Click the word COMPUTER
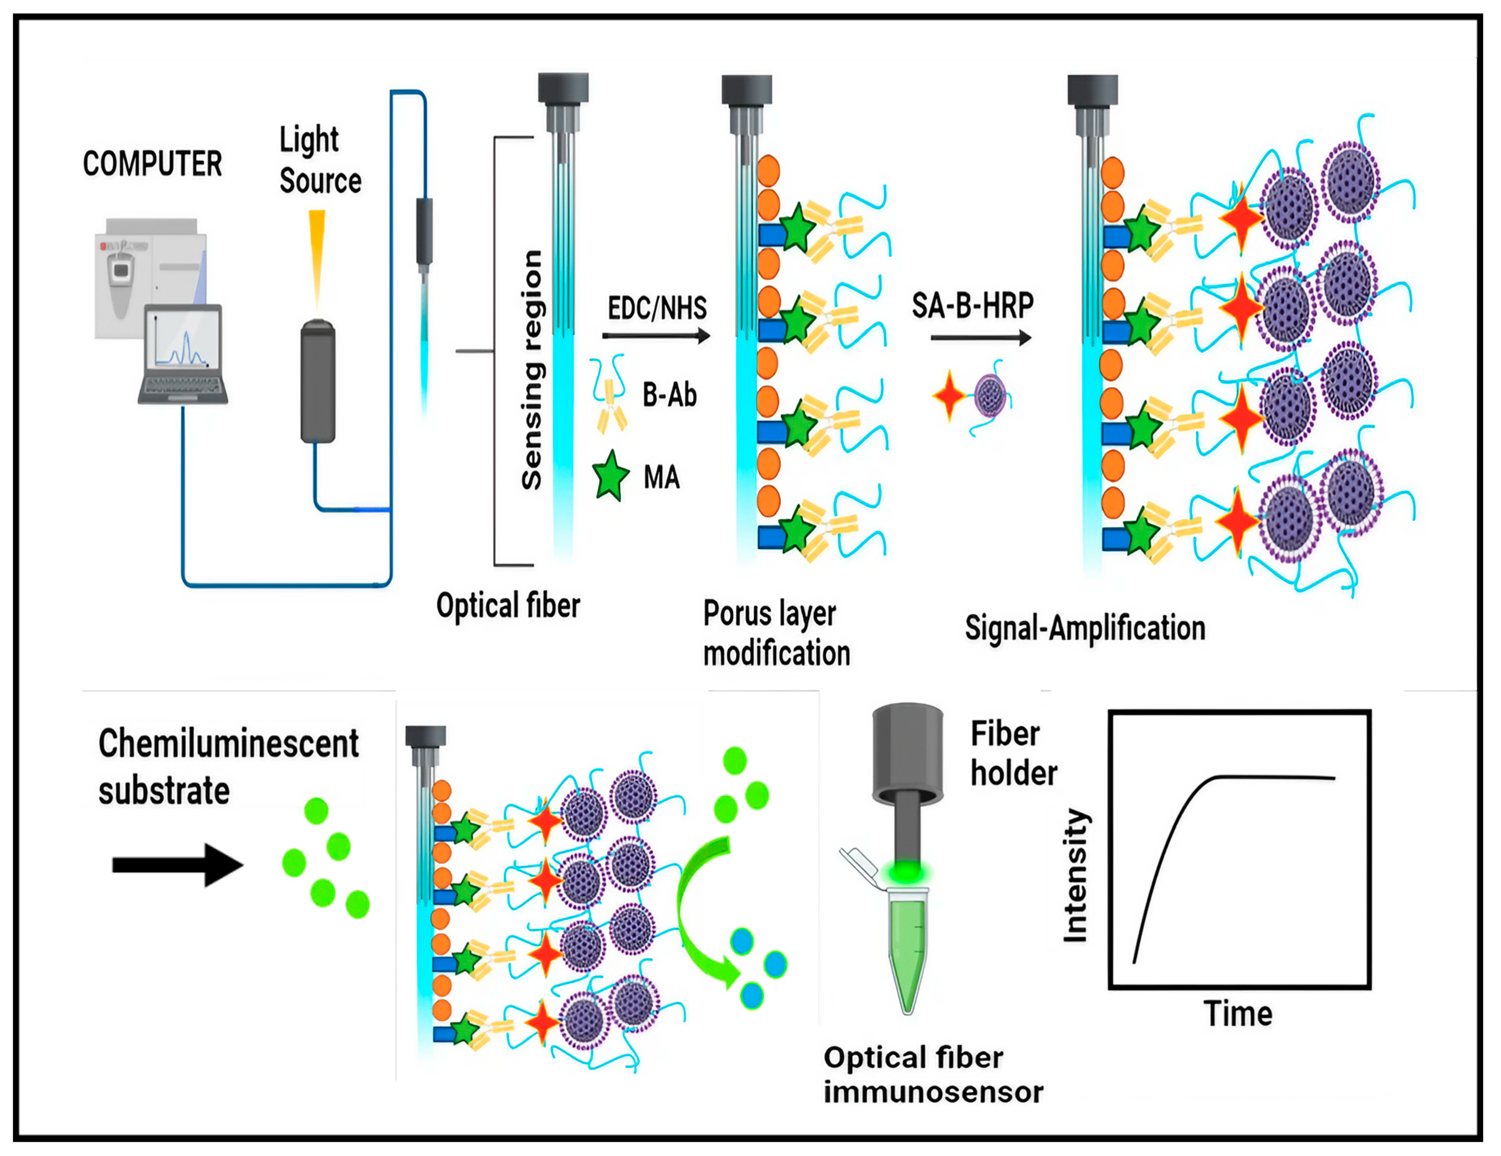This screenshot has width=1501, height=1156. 153,163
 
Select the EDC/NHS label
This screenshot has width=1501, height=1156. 657,308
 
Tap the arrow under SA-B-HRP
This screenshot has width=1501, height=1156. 981,337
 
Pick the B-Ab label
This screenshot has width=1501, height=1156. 670,395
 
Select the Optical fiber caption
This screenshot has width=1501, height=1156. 508,606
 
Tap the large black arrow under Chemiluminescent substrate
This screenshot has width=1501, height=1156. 177,864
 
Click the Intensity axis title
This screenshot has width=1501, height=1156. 1076,876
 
